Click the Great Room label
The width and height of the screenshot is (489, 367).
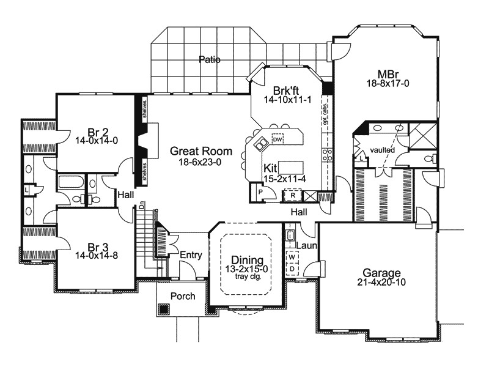coord(201,151)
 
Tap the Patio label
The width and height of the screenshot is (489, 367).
coord(210,59)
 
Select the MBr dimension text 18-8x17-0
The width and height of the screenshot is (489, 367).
coord(388,83)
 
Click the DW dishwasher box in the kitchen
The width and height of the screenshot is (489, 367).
coord(278,139)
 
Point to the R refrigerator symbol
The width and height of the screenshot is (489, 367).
coord(293,195)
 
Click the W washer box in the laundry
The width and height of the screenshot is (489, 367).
coord(292,257)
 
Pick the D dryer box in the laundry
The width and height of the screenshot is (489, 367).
coord(292,269)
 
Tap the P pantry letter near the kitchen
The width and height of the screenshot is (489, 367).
coord(261,192)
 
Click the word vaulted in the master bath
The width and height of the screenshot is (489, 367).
coord(383,150)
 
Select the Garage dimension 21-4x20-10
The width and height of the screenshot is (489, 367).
coord(381,282)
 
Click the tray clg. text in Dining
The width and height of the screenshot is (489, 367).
coord(248,276)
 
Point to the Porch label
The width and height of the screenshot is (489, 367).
coord(183,296)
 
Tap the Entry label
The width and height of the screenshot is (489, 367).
coord(191,255)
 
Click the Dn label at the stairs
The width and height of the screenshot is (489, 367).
coord(141,206)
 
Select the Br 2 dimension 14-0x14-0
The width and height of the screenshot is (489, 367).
coord(97,141)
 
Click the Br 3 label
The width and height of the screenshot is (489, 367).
coord(98,248)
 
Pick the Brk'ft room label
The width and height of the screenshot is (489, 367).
coord(286,91)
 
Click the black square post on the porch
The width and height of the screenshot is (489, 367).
coord(164,309)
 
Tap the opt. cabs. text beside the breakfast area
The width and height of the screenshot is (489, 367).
coord(325,114)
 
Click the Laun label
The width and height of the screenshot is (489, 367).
coord(307,245)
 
